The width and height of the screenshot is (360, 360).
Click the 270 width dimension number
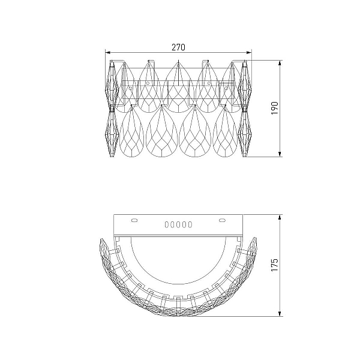[178, 47]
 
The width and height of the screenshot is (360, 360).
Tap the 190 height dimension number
[275, 108]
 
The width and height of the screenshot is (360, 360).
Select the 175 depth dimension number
[275, 265]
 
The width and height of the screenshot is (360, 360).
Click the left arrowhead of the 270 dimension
[108, 53]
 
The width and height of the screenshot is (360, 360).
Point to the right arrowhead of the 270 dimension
[249, 53]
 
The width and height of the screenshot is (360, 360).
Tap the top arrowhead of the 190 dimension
[280, 63]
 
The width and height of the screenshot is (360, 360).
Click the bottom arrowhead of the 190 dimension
[280, 154]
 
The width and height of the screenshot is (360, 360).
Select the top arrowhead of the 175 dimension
[280, 217]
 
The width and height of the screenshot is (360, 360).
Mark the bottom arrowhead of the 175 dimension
[280, 314]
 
